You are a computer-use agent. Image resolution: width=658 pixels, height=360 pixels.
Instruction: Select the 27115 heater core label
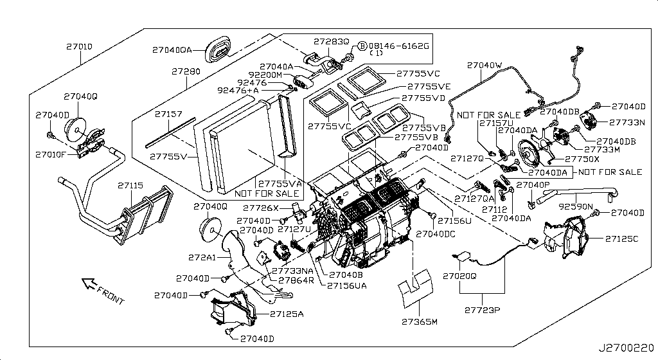[131, 185]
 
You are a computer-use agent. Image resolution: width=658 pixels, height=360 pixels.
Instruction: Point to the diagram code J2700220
[627, 348]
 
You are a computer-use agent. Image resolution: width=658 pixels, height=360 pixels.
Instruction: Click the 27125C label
[621, 239]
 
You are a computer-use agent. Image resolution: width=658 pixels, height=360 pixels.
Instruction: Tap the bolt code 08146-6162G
[397, 46]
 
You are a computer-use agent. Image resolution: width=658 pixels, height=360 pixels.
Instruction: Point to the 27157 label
[169, 114]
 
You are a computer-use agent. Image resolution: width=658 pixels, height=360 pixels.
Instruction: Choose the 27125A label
[287, 314]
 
